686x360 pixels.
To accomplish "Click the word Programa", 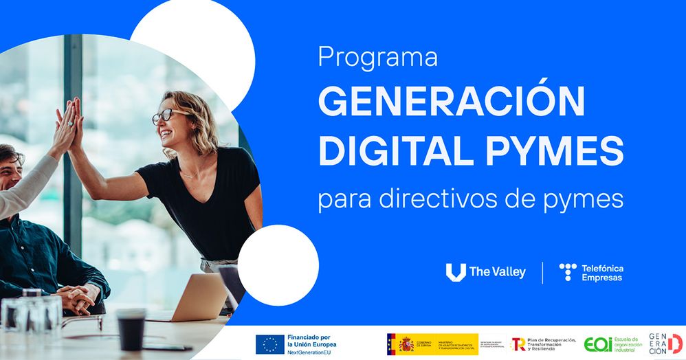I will click(x=377, y=58).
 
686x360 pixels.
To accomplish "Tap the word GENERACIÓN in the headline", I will click(x=451, y=102).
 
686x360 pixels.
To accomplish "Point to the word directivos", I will click(x=443, y=199).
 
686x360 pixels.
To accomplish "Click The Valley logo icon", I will click(x=455, y=272).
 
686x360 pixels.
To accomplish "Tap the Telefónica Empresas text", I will click(x=602, y=273).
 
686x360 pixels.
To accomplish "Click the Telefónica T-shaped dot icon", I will click(x=568, y=272).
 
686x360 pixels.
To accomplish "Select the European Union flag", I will click(x=269, y=344).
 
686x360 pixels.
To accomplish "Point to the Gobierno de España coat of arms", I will click(x=406, y=344).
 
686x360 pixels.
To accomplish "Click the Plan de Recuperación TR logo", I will click(x=518, y=344).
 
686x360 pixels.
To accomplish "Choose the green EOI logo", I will click(x=597, y=344).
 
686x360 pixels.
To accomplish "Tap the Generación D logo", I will click(x=666, y=344).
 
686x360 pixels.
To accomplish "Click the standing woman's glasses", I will click(x=166, y=115).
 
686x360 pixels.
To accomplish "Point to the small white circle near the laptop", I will click(x=278, y=265).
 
